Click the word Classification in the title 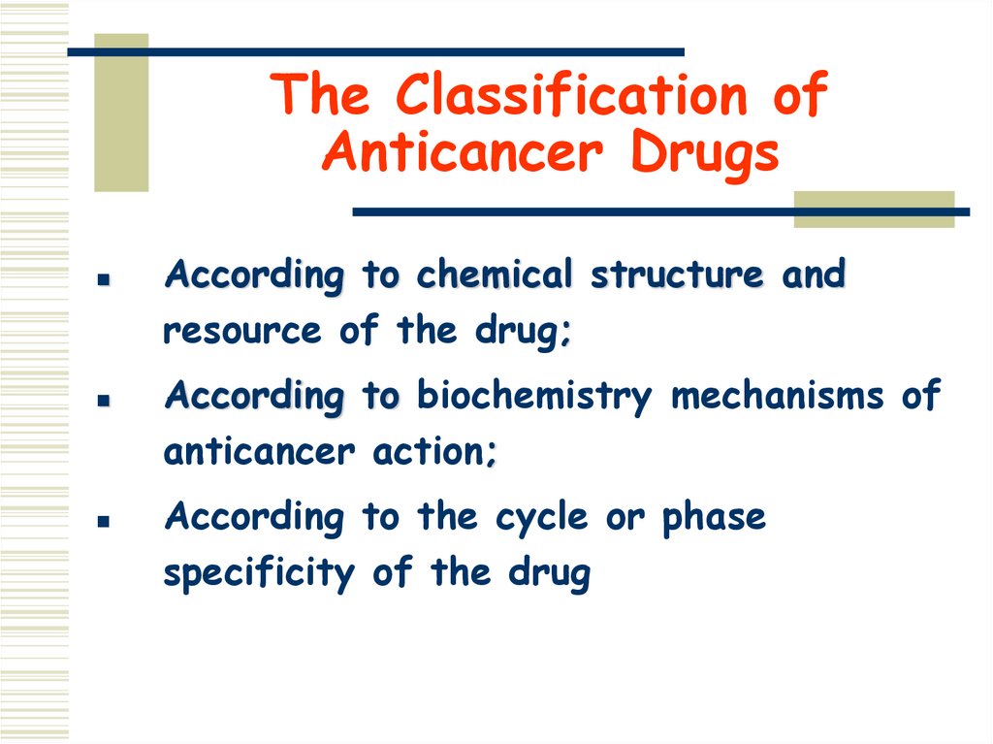click(571, 96)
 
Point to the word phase click(714, 519)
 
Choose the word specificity click(259, 574)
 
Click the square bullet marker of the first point click(102, 278)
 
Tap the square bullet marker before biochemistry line click(102, 400)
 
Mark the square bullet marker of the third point click(102, 521)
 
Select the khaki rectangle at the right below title click(874, 209)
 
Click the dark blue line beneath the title click(659, 211)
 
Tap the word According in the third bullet click(254, 518)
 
